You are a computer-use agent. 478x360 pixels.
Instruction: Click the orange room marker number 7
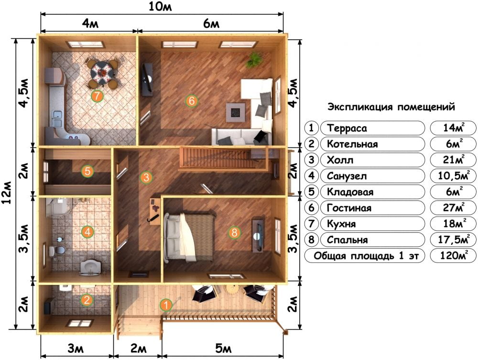(97, 96)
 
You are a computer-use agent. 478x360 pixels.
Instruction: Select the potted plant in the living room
(255, 59)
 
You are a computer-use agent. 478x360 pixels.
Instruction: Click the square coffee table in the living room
(236, 112)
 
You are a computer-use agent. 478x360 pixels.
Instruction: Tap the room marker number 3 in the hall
(146, 177)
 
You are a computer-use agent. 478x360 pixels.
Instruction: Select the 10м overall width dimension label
(160, 7)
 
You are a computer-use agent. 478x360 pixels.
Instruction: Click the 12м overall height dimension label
(7, 193)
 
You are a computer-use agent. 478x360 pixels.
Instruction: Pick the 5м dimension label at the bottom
(223, 348)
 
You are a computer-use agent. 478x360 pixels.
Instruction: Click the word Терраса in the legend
(347, 128)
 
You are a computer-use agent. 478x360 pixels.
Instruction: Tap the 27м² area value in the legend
(453, 208)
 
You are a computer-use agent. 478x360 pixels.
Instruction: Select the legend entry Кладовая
(350, 192)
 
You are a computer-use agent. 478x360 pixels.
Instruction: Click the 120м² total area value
(454, 256)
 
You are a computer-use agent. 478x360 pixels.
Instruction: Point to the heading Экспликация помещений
(391, 107)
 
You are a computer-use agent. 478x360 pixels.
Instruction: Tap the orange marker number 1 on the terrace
(166, 305)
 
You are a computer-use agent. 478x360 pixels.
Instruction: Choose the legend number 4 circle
(311, 176)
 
